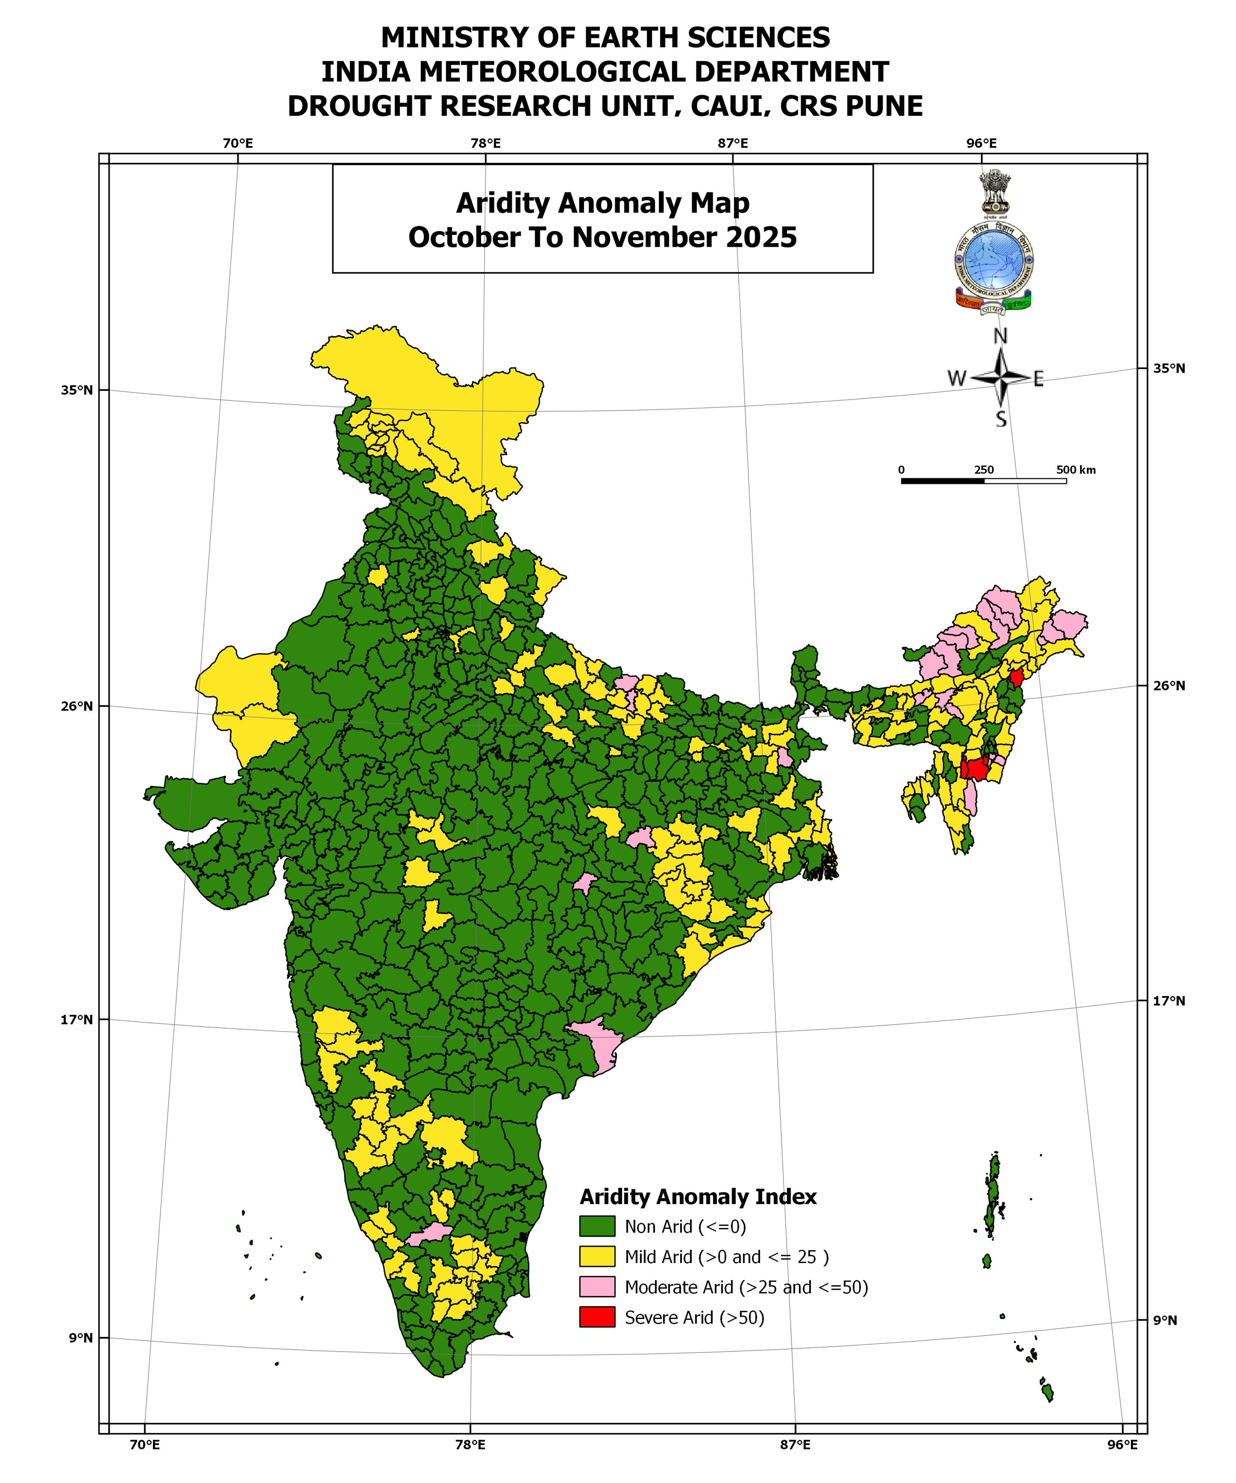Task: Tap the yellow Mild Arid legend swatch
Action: pyautogui.click(x=597, y=1256)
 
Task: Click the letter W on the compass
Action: pyautogui.click(x=956, y=379)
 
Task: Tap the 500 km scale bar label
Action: pyautogui.click(x=1076, y=470)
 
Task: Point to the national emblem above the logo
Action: pyautogui.click(x=995, y=191)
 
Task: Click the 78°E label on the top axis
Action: pyautogui.click(x=485, y=143)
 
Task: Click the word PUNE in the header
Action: pyautogui.click(x=884, y=106)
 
